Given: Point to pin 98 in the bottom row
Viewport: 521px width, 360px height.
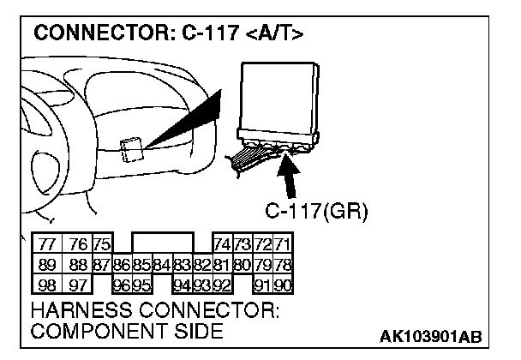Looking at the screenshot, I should tap(46, 282).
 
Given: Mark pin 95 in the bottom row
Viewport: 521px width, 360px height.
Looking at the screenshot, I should tap(141, 282).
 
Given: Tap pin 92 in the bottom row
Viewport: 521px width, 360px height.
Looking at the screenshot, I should tap(221, 282).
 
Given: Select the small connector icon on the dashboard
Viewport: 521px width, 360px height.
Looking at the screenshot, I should tap(132, 150).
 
